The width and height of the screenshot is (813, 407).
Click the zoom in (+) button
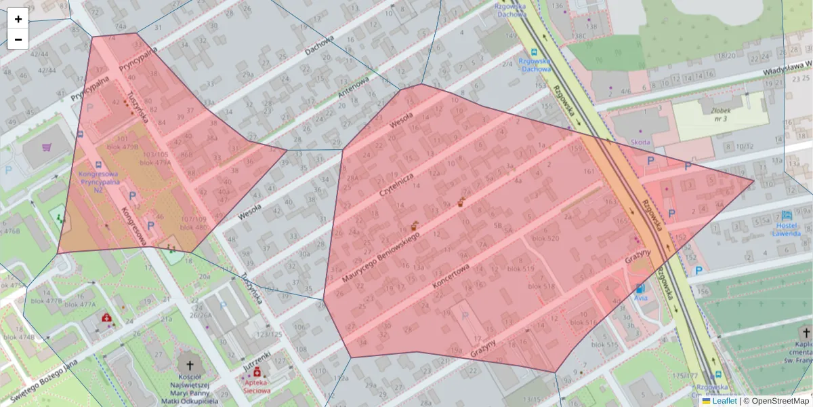(x=18, y=19)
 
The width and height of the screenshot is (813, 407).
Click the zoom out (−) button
(x=18, y=39)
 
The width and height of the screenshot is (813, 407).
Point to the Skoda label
(x=640, y=142)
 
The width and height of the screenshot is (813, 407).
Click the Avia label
(x=640, y=297)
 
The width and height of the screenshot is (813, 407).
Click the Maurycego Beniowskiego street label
(x=381, y=258)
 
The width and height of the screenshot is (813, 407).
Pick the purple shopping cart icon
(x=47, y=147)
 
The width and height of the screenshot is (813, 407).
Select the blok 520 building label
(x=545, y=238)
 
